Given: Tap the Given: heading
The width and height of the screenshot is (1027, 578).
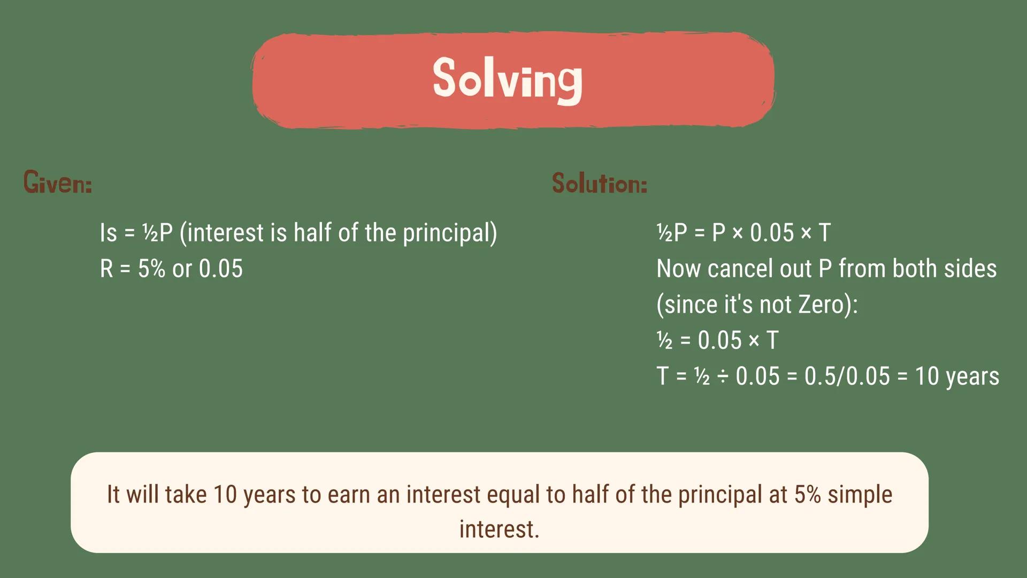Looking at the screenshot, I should point(58,182).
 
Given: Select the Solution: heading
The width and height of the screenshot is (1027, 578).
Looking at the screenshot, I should point(600,184).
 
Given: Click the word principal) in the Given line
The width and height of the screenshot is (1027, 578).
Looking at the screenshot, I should point(450,233).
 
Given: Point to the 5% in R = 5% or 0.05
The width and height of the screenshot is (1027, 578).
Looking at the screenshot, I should point(151,269).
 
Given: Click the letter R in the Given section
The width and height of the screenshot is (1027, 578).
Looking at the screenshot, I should point(106,269).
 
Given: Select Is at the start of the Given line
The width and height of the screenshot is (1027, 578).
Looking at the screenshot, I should point(108,233).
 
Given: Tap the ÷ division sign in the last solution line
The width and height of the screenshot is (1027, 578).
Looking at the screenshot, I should point(723,376).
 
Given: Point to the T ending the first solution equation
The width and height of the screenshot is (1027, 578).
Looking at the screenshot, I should point(824,233).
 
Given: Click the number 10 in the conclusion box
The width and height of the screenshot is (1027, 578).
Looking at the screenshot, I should point(225,495).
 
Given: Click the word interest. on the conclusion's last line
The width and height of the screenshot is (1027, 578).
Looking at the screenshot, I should point(499,529).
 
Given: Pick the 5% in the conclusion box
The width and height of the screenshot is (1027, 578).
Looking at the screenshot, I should point(807,495).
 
